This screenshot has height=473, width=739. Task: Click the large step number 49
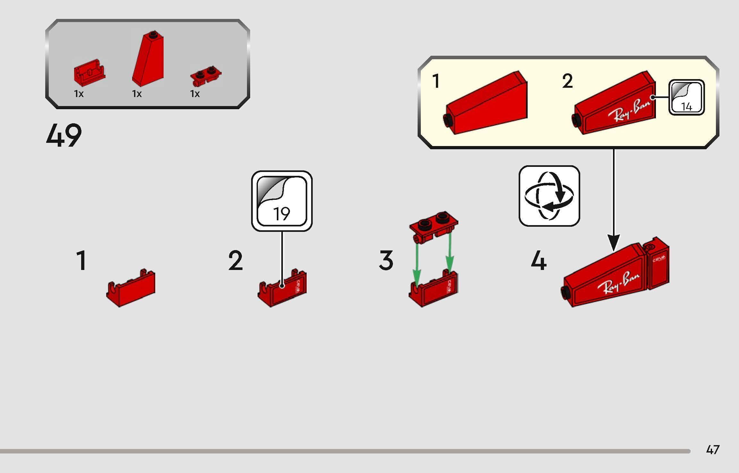click(64, 136)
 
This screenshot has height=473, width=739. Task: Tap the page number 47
click(713, 450)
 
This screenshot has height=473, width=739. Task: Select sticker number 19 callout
click(282, 201)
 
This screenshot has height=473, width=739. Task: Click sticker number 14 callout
click(686, 97)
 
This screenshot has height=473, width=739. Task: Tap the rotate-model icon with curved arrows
click(549, 196)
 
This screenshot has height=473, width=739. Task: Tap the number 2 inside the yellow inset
click(567, 81)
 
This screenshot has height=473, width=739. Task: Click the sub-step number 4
click(539, 261)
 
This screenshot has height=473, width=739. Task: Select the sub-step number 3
click(386, 260)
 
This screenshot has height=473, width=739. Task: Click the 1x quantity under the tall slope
click(137, 94)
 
